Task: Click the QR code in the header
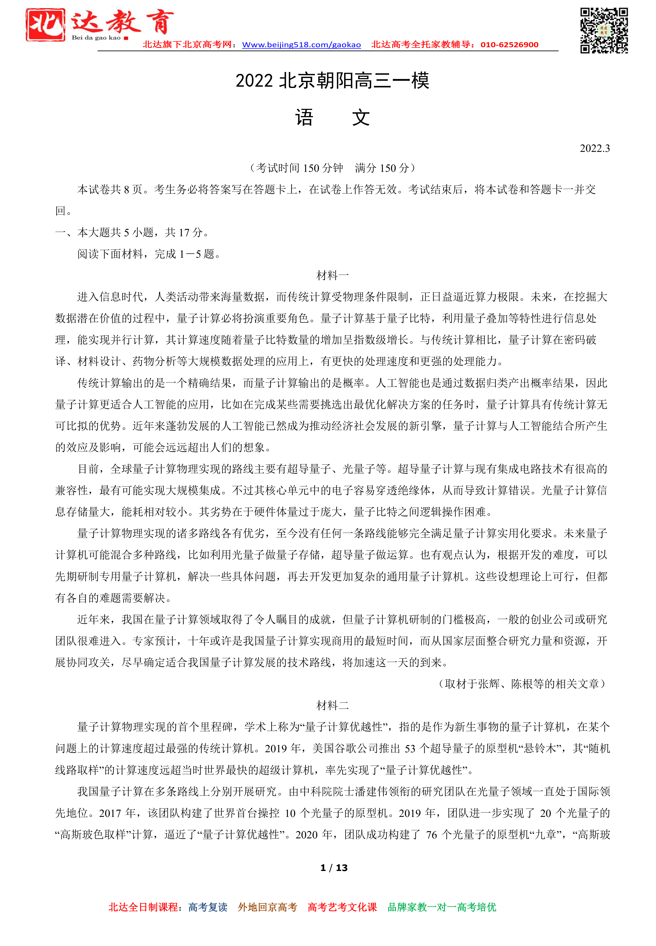click(603, 31)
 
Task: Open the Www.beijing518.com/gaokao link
click(301, 45)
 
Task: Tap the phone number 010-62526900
click(509, 45)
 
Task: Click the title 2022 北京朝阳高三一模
click(332, 81)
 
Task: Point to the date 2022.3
click(594, 149)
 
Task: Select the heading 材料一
click(332, 275)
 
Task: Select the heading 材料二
click(332, 705)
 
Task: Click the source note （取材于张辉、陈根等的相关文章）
click(522, 683)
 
